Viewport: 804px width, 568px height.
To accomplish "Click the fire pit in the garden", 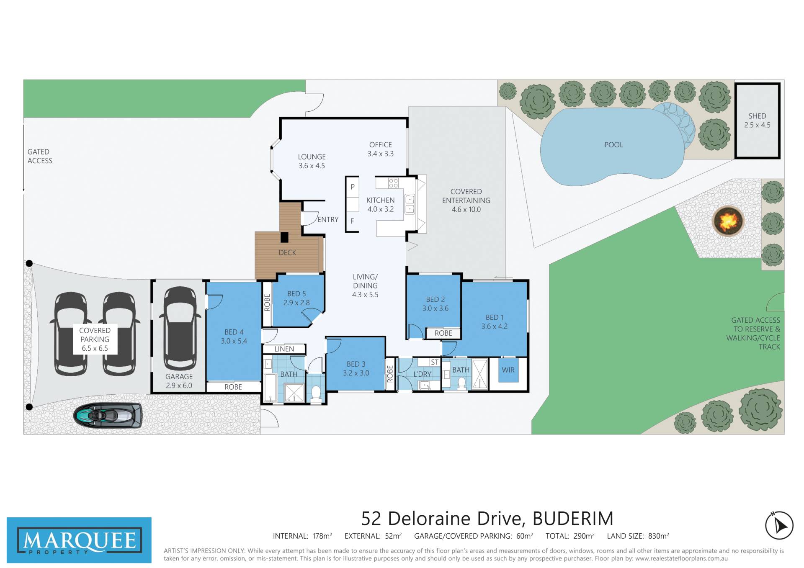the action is point(728,221).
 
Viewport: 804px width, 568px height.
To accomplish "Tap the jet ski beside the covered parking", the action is point(108,415).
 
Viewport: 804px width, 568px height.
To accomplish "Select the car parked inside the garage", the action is point(179,329).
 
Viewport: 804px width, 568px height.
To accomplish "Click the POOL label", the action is point(613,145).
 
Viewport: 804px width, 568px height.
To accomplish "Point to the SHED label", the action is point(757,116).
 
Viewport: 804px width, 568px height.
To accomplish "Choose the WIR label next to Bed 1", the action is point(508,370).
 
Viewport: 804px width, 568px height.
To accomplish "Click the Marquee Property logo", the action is point(79,540).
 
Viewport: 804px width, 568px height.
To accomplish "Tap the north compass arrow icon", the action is point(779,525).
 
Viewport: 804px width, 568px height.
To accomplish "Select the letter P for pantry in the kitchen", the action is point(353,187).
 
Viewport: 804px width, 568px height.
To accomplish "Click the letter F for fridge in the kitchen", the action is point(352,221).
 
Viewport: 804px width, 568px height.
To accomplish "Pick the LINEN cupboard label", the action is point(284,349).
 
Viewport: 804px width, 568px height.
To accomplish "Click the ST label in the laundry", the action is point(434,362).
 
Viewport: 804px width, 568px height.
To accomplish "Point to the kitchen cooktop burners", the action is point(393,183).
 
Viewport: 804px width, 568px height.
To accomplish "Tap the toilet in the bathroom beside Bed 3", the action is point(316,394).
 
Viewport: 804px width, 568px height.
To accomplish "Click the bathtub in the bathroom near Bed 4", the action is point(271,388).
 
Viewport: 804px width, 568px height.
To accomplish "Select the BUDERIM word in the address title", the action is point(573,519).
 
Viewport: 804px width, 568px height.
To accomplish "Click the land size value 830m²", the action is point(658,536).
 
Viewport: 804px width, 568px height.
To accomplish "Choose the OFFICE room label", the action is point(381,145).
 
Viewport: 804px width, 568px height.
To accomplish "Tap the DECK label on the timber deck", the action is point(287,252).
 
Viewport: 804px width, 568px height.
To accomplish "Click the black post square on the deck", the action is point(284,237).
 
